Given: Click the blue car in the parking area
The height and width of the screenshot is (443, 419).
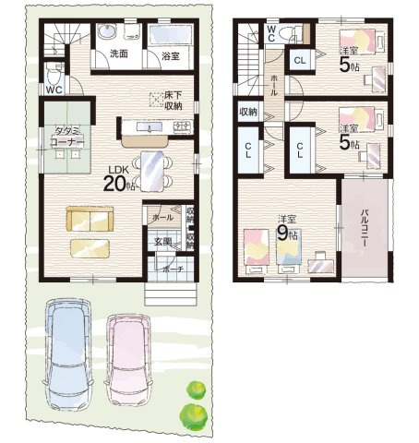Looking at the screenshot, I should (69, 354).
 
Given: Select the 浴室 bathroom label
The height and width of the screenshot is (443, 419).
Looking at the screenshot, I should (170, 56).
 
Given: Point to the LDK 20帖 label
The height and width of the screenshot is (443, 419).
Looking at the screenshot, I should (120, 176).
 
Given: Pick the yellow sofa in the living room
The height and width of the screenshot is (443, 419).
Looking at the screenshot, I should (88, 219).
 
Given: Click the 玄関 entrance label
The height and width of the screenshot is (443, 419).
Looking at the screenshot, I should (163, 242).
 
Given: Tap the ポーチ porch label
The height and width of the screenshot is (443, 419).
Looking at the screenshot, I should (171, 269).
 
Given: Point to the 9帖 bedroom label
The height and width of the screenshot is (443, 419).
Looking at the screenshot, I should (289, 228).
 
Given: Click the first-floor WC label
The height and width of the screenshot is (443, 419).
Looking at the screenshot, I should (54, 90).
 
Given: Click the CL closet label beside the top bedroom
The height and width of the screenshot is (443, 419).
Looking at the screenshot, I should (300, 60).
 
